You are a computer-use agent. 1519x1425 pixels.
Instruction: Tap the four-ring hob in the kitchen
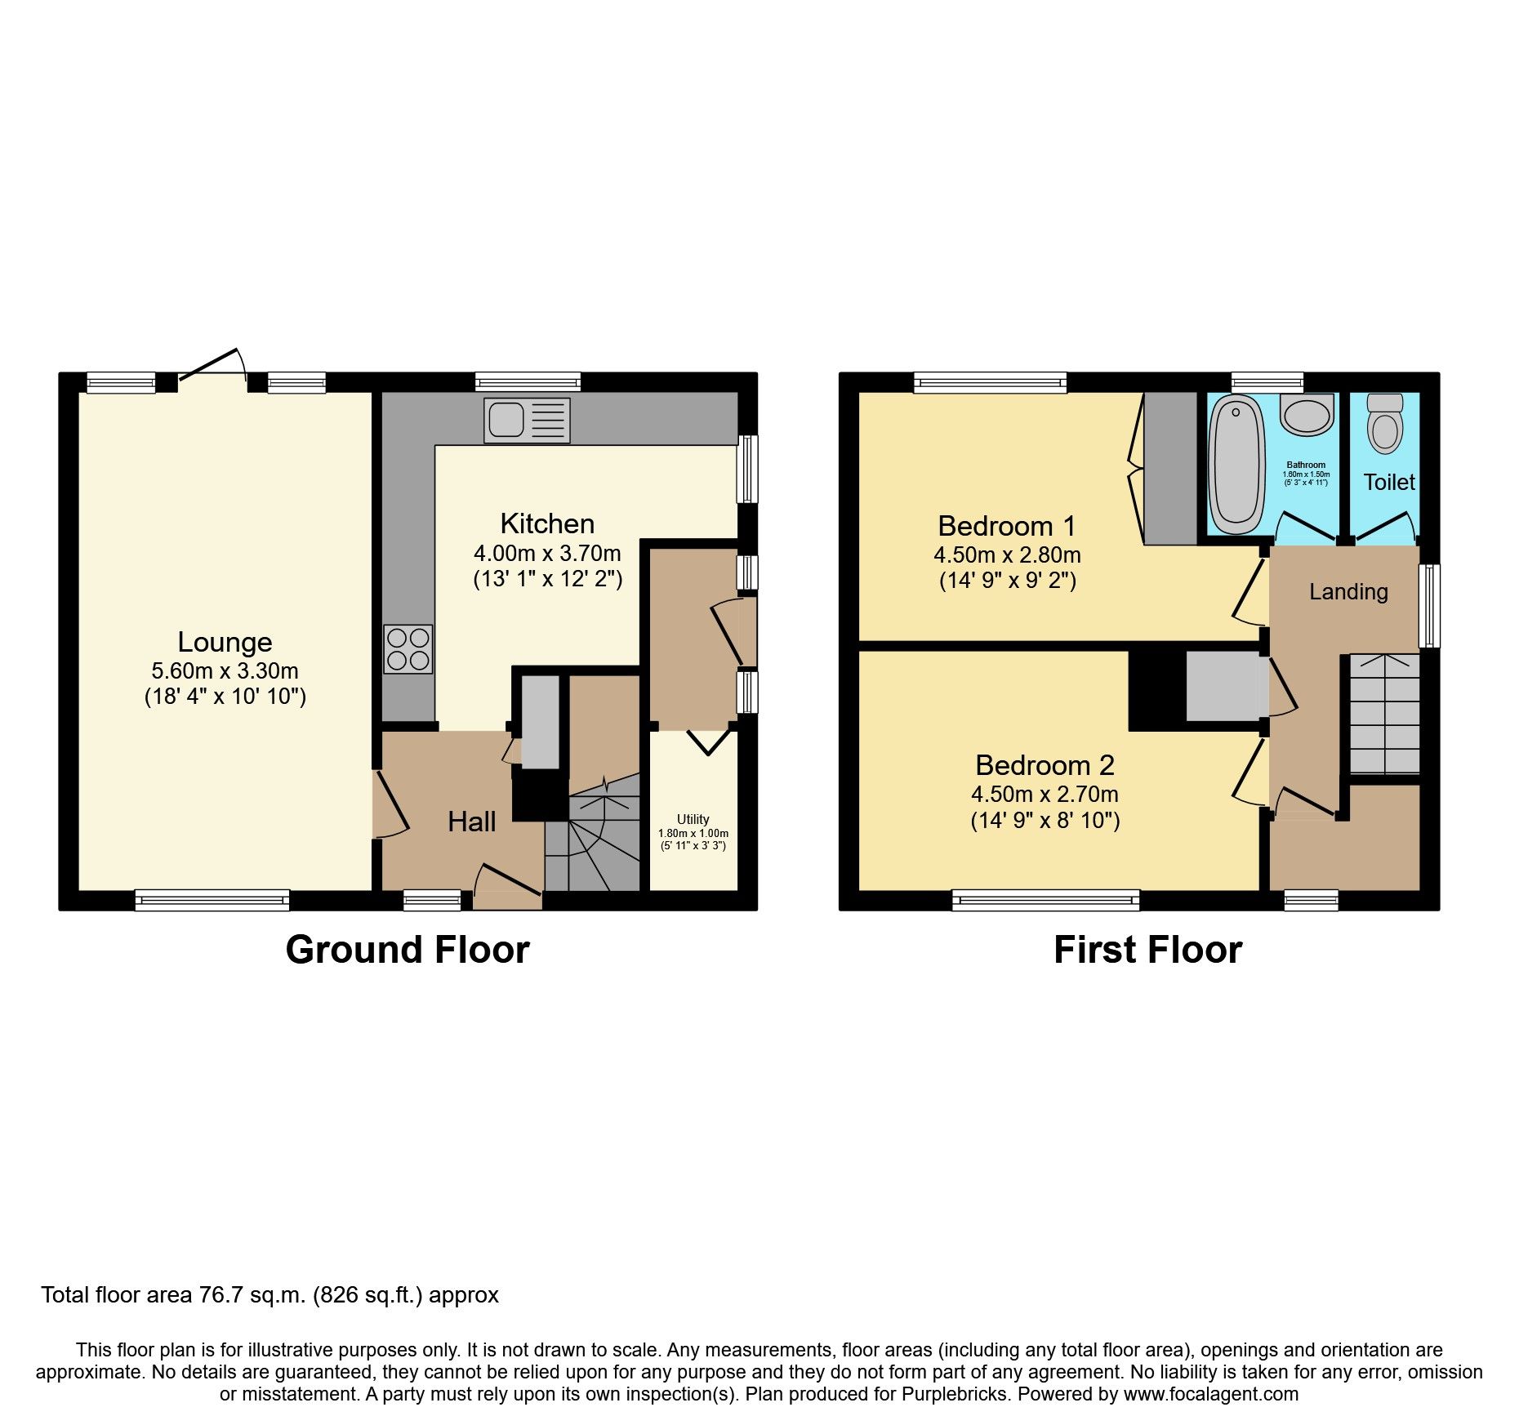pos(408,649)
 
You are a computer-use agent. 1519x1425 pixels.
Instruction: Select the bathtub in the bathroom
pos(1236,463)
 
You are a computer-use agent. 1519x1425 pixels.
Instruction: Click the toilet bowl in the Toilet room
pos(1384,425)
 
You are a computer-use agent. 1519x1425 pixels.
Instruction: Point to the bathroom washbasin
pos(1307,414)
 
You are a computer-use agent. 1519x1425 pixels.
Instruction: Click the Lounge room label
pos(225,643)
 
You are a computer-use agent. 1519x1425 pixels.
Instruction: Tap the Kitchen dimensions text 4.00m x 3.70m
pos(547,554)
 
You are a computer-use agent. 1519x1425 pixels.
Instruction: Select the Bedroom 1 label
pos(1006,526)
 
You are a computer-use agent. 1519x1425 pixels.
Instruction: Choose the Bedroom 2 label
pos(1045,765)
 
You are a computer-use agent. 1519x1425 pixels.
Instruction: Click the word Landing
pos(1348,592)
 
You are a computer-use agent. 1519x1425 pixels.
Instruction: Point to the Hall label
pos(471,822)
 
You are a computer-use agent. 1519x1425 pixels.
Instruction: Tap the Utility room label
pos(693,819)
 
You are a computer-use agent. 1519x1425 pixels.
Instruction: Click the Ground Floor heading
pos(408,950)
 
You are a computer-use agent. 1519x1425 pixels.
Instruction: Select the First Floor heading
pos(1147,950)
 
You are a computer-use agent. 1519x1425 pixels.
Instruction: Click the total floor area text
pos(269,1295)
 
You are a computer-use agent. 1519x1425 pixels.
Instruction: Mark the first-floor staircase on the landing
pos(1384,715)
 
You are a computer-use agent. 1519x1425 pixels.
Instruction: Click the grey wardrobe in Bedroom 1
pos(1169,468)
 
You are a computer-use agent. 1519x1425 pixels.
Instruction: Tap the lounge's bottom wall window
pos(212,900)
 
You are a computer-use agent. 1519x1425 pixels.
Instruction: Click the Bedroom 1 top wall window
pos(990,381)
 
